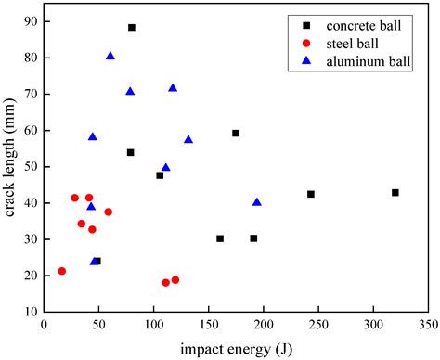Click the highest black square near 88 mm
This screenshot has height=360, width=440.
tap(132, 27)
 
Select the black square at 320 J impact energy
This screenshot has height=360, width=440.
tap(395, 192)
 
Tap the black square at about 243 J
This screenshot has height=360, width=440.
tap(311, 194)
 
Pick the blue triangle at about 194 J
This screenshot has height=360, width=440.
tap(257, 201)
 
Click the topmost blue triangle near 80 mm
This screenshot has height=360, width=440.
tap(110, 56)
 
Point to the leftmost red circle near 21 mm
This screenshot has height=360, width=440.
tap(62, 271)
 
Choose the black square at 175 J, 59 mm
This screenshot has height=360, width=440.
tap(236, 133)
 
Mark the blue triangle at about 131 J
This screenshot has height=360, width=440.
tap(188, 139)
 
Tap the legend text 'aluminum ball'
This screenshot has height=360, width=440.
tap(367, 61)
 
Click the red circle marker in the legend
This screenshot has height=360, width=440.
tap(305, 44)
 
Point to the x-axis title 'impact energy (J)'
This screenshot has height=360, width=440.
tap(237, 349)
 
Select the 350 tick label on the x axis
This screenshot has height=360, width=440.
tap(429, 326)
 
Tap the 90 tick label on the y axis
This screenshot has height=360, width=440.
tap(31, 20)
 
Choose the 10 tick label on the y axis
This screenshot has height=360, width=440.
tap(31, 312)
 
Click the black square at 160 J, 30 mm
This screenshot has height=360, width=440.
tap(220, 238)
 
